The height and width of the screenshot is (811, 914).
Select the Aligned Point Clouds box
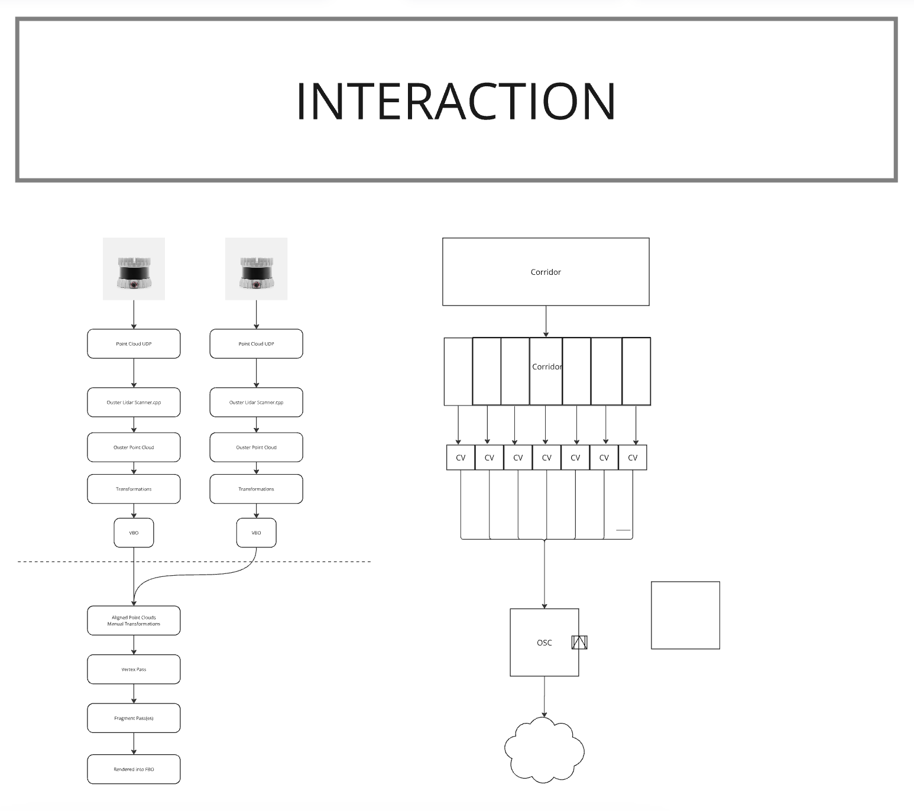[x=134, y=621]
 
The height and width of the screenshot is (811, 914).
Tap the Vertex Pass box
[x=134, y=669]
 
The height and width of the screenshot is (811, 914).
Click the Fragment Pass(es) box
[x=134, y=718]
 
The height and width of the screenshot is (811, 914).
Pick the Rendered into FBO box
[x=134, y=769]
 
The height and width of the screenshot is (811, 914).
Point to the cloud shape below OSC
[x=544, y=750]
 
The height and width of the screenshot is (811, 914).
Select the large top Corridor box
[x=546, y=272]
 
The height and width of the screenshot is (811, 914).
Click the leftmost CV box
[x=461, y=458]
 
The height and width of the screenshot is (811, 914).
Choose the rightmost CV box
[x=633, y=458]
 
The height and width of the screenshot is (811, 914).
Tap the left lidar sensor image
[x=134, y=269]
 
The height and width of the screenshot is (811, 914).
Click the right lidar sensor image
[x=256, y=269]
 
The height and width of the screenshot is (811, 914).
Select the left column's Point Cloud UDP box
[x=134, y=343]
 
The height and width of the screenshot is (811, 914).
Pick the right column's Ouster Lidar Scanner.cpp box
[x=256, y=403]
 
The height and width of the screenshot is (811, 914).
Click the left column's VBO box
[x=134, y=533]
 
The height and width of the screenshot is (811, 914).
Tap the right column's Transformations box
[x=256, y=489]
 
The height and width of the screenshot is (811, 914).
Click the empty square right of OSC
[x=685, y=615]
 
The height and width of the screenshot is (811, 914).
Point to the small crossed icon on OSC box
[x=579, y=642]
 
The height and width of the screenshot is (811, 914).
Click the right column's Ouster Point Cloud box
[x=256, y=447]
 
